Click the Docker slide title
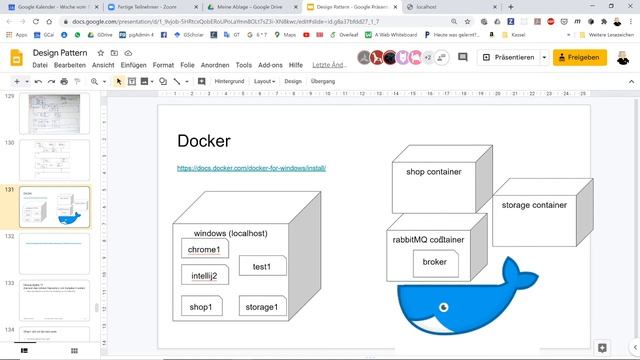pos(204,141)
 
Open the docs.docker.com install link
pos(251,168)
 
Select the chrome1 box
pos(203,249)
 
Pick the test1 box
pos(263,266)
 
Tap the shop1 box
pos(201,306)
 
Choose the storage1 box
pos(263,306)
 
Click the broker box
pos(435,262)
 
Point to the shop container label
pos(434,172)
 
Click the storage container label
pos(534,205)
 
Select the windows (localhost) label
pos(230,233)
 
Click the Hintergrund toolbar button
pos(229,81)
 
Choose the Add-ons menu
pos(270,65)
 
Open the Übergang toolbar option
pos(323,81)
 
